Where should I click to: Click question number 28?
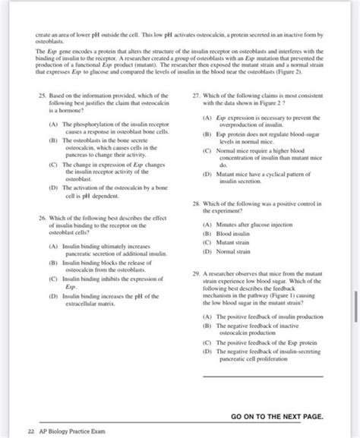pos(197,204)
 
